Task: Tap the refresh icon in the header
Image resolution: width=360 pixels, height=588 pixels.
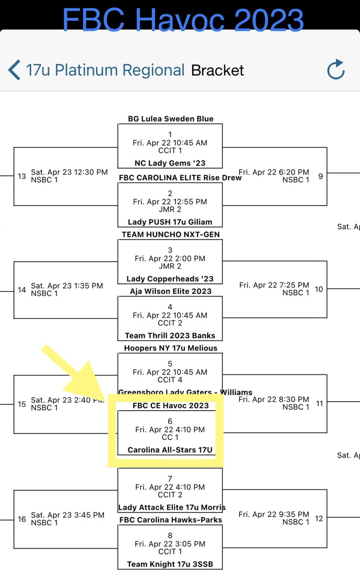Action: (x=336, y=70)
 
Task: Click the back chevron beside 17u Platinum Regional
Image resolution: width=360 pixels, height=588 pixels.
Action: (x=14, y=70)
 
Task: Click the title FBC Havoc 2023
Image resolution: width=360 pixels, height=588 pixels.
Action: (x=183, y=20)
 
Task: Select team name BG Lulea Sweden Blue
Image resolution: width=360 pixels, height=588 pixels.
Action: (x=170, y=119)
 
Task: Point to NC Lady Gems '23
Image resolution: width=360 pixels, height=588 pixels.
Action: (x=170, y=163)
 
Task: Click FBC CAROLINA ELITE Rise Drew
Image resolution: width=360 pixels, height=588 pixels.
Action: (x=180, y=177)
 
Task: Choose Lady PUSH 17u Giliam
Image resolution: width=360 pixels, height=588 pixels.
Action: (x=170, y=222)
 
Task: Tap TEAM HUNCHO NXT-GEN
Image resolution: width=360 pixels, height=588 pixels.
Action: (x=170, y=234)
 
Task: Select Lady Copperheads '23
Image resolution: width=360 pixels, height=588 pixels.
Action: (x=170, y=279)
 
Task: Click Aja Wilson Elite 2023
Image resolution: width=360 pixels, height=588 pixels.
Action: (x=170, y=291)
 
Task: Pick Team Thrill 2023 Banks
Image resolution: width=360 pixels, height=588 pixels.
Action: (x=170, y=336)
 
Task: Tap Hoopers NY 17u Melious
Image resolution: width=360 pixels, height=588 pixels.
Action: (x=170, y=348)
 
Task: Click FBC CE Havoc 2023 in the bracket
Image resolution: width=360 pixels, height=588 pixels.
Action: (x=170, y=405)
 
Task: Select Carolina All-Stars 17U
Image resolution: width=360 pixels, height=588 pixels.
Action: (x=170, y=449)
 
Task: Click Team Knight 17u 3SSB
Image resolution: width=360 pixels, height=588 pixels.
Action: (x=170, y=564)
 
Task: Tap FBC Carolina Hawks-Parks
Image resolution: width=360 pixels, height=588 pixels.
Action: (x=170, y=519)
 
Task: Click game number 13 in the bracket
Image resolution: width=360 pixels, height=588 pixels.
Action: (x=22, y=176)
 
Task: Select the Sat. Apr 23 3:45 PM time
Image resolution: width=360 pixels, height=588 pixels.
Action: (x=68, y=515)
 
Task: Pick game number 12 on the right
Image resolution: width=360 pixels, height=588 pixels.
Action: (x=319, y=518)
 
